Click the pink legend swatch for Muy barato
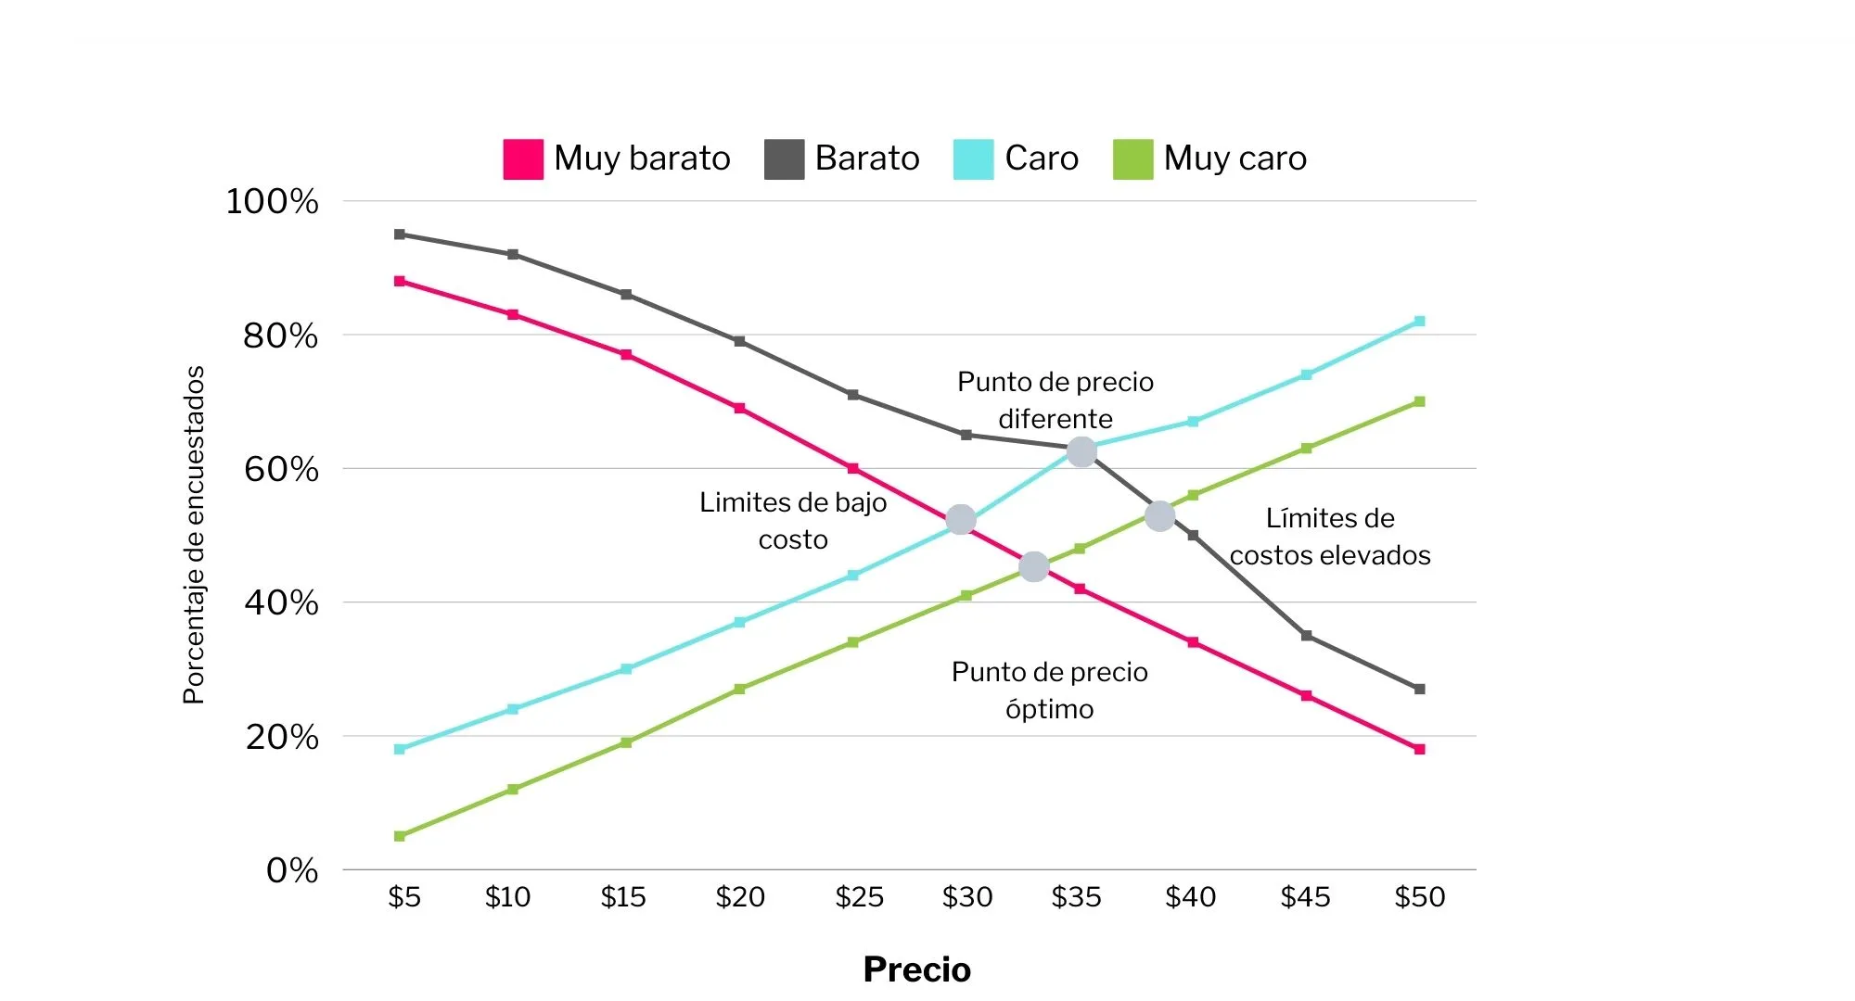(x=523, y=158)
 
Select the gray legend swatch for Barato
(x=784, y=158)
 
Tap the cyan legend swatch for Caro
(x=973, y=158)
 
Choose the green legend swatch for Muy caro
(x=1132, y=158)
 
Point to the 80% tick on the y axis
(x=280, y=336)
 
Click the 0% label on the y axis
(x=292, y=870)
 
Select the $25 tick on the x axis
(x=859, y=897)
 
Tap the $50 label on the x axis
(x=1420, y=897)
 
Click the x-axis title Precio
(x=916, y=969)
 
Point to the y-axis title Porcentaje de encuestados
(x=193, y=535)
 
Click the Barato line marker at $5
(x=400, y=234)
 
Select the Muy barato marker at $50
(x=1419, y=749)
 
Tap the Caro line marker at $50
(x=1419, y=322)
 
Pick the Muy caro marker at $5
(x=400, y=836)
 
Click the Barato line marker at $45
(x=1306, y=636)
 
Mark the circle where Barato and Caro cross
(x=1081, y=452)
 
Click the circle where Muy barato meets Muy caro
(x=1033, y=567)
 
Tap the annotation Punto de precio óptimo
(x=1050, y=691)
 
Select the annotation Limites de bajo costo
(x=793, y=521)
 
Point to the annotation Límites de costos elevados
(x=1330, y=537)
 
